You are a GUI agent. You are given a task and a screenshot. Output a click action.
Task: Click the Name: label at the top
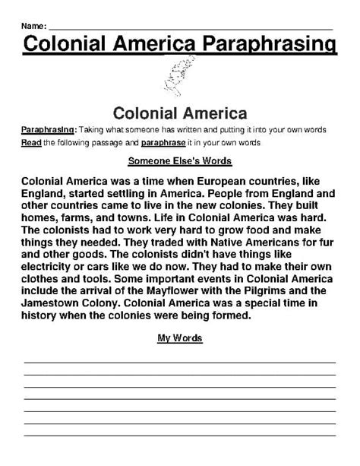point(34,26)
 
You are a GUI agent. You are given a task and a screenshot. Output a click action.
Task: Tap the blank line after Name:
point(190,28)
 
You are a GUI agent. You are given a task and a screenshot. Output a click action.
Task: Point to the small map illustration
point(179,77)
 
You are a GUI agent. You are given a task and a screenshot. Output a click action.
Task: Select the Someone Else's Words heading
point(180,161)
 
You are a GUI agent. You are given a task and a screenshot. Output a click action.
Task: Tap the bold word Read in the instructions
point(32,142)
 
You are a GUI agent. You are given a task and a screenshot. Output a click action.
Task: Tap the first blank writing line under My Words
point(180,363)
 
